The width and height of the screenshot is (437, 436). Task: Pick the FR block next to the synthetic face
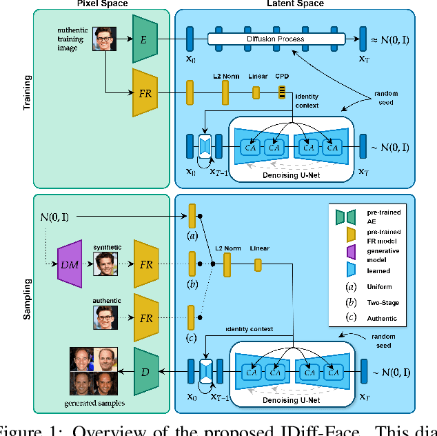[146, 264]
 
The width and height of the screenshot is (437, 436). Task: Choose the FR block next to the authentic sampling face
[146, 317]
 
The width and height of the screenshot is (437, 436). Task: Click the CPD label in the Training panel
[283, 78]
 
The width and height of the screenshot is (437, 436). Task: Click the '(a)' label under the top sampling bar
[192, 235]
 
